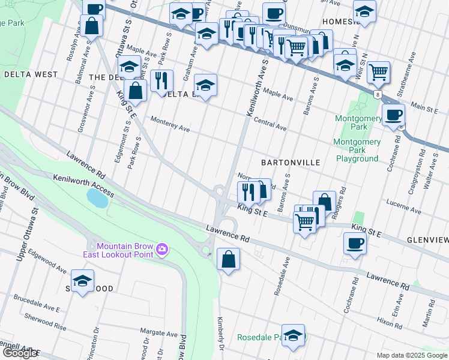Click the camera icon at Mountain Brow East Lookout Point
161,249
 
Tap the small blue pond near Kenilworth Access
97,197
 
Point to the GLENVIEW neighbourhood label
427,239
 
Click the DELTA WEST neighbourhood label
31,74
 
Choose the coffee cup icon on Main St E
393,114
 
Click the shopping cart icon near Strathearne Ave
378,72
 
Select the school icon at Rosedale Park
293,335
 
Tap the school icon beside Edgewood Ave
82,280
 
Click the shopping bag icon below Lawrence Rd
228,259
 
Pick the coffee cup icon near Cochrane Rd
354,243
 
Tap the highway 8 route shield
376,95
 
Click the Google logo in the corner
19,353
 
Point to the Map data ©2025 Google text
412,355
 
